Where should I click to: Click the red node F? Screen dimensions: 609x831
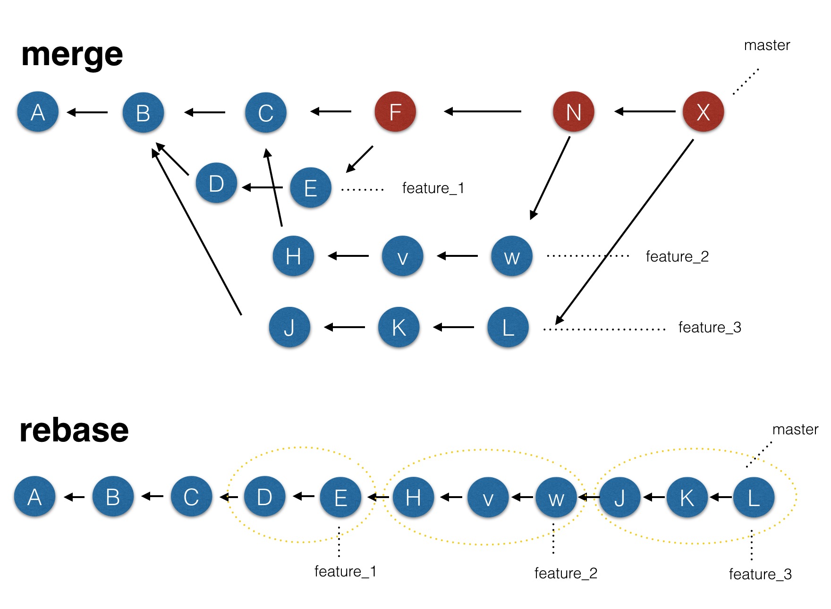point(395,112)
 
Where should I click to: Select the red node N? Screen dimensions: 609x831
point(573,112)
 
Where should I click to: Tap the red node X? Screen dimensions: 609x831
point(703,112)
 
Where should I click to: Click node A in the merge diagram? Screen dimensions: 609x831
point(38,112)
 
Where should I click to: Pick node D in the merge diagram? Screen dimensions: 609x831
point(216,183)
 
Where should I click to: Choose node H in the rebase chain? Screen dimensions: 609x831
point(413,497)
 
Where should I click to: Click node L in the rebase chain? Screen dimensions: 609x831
point(754,497)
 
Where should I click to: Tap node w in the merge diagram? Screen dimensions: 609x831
point(512,256)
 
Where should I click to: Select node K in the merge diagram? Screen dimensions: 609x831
point(399,327)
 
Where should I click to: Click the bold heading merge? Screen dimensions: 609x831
point(72,54)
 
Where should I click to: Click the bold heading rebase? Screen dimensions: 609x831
point(74,430)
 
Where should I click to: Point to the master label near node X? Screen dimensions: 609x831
point(767,45)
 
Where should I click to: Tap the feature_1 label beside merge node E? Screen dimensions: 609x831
point(433,188)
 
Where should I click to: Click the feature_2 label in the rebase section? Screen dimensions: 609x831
point(566,573)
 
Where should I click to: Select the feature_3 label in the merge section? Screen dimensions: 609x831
point(710,327)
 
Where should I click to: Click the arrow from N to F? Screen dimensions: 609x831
point(483,111)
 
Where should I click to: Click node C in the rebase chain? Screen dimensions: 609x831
point(191,497)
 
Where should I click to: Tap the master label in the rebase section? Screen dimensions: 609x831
point(795,430)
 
